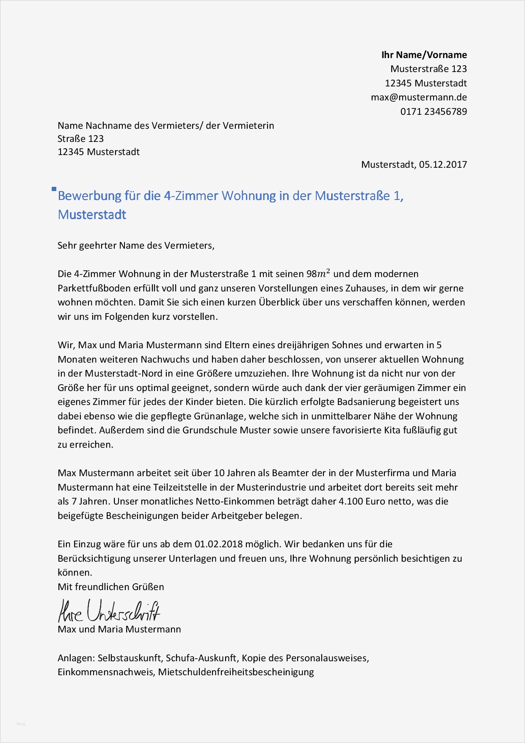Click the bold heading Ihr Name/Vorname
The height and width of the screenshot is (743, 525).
point(424,55)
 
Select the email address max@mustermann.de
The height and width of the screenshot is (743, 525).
point(419,97)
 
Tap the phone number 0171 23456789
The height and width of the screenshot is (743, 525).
point(434,112)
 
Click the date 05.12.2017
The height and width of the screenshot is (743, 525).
point(443,165)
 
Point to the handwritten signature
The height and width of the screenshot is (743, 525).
point(109,611)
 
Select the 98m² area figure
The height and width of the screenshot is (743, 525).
point(318,274)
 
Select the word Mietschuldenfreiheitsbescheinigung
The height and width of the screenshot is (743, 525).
point(236,672)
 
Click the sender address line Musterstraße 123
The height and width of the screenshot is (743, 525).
point(428,69)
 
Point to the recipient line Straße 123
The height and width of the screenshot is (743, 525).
point(80,139)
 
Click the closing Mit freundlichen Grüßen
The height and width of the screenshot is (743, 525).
point(111,587)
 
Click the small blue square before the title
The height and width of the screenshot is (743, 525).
point(54,189)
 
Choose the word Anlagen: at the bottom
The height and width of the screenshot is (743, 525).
point(76,658)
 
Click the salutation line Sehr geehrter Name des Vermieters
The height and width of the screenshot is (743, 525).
point(135,246)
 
